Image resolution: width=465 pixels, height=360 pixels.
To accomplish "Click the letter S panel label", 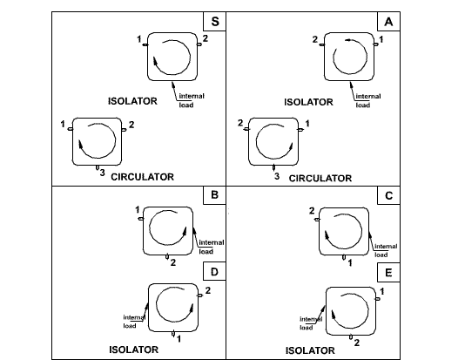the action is coord(215,22).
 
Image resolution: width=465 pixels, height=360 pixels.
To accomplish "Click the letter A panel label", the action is coord(388,22).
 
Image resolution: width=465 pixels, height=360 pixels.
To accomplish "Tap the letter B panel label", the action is coord(214,195).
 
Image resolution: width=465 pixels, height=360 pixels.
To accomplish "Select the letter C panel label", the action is coord(388,195).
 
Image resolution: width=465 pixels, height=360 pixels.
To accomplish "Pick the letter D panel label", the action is coord(214,272).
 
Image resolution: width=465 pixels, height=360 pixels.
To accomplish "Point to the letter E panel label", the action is coord(388,273).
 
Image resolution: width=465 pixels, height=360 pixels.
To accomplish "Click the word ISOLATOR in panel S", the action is coord(132,101).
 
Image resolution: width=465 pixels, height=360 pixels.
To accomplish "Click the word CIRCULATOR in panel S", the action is coord(142,177).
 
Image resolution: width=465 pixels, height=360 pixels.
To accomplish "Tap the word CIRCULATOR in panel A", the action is coord(320,179).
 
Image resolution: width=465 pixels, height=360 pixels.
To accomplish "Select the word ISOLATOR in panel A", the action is coord(309,102).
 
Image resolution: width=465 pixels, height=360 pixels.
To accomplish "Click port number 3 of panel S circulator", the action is coord(102,173).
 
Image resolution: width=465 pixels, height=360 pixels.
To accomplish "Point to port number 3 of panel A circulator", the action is coord(277,176).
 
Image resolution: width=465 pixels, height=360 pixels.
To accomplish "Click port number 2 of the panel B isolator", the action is coord(173,262).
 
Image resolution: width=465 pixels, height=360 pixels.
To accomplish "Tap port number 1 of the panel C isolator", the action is coord(350,263).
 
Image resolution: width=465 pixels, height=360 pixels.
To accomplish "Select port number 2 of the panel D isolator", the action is coord(208,290).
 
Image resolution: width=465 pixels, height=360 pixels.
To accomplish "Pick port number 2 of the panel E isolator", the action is coord(357,343).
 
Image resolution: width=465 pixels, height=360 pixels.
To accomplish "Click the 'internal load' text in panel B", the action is coord(211,247).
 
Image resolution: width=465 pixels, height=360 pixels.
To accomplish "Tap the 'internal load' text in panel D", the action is coord(134,322).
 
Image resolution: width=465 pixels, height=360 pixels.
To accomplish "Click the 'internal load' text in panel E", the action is coord(311,323).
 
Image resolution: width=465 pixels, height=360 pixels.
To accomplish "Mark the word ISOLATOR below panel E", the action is coord(310,350).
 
